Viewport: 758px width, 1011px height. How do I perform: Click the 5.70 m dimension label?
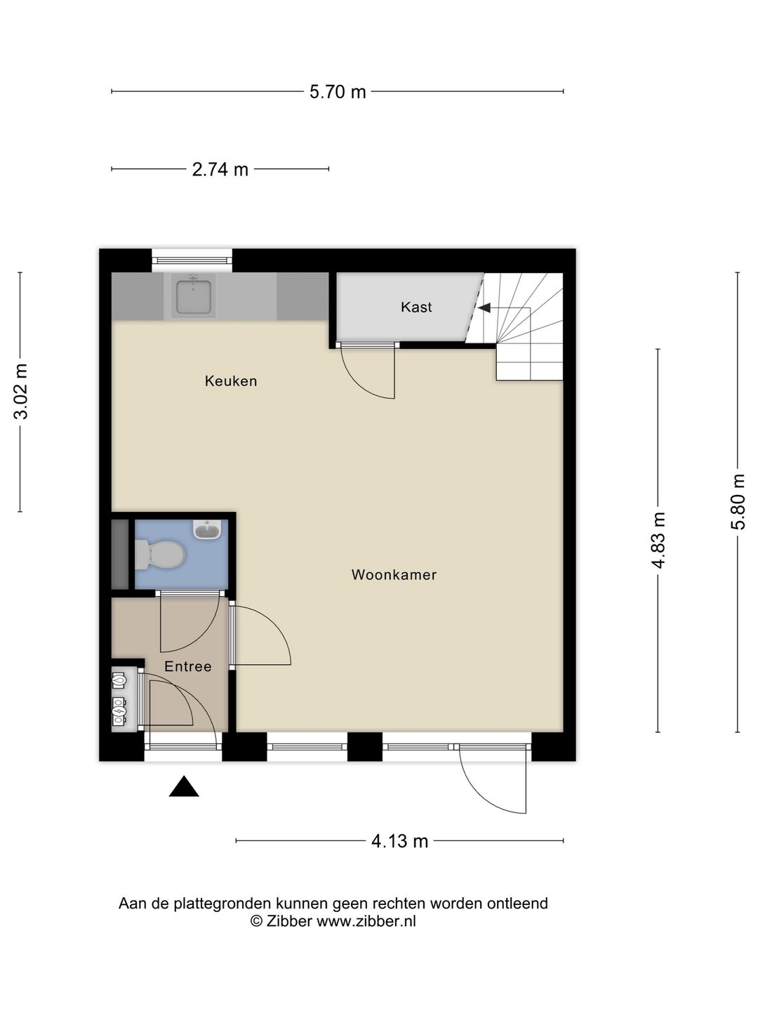tap(338, 92)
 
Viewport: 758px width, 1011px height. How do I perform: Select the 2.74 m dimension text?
tap(220, 169)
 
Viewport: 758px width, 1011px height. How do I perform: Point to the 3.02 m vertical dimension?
tap(21, 392)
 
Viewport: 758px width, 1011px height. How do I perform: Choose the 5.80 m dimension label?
tap(737, 502)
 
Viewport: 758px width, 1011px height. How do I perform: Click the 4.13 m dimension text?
tap(399, 840)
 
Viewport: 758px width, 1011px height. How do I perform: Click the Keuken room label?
tap(231, 381)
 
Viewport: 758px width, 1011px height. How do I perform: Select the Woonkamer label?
tap(394, 575)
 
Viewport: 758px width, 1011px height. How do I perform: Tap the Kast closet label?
tap(416, 307)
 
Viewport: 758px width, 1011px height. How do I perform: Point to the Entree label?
tap(187, 666)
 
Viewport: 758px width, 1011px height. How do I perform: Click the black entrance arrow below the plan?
tap(184, 787)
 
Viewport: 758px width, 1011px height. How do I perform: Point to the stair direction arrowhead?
tap(484, 307)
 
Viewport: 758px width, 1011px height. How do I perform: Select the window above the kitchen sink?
tap(192, 260)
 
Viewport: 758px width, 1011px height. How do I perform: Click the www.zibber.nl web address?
tap(366, 922)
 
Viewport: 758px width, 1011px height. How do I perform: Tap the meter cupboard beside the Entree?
tap(121, 699)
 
